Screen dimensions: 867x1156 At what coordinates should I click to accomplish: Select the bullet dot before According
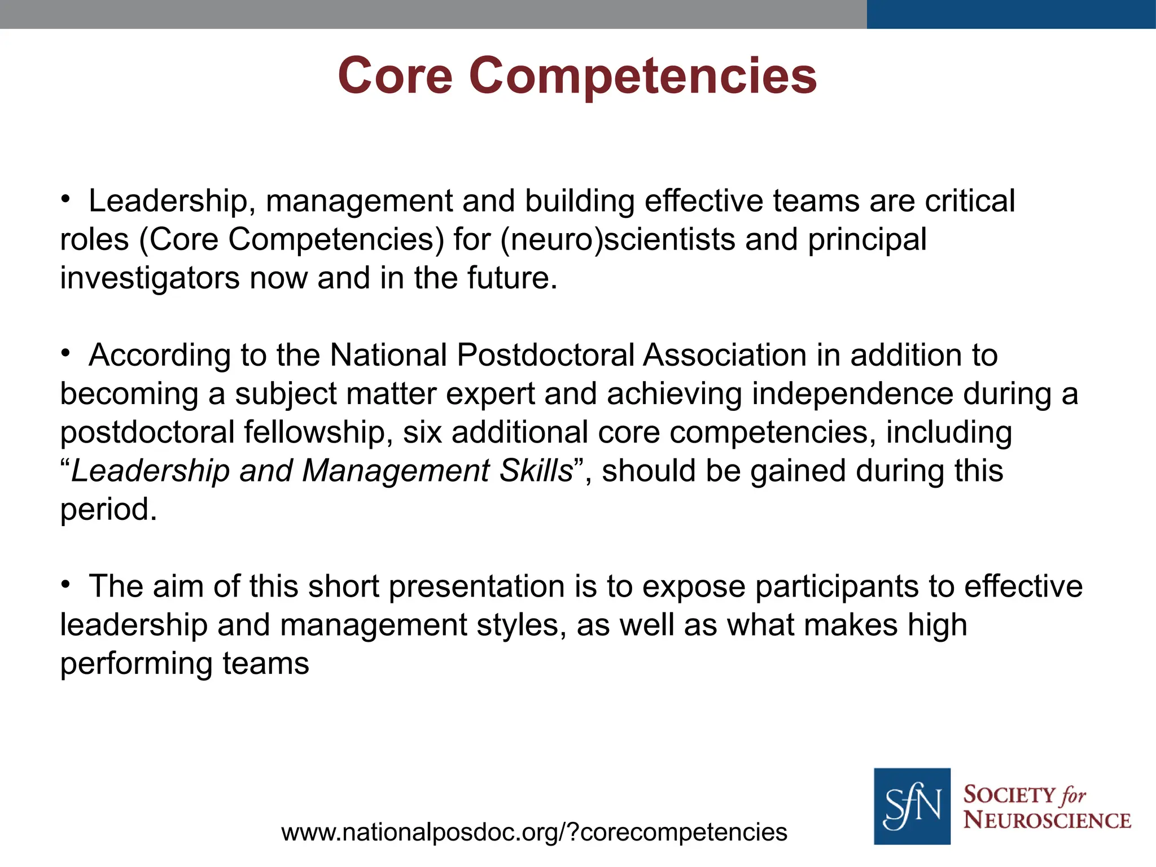(65, 353)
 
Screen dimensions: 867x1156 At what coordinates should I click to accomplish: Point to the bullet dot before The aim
(65, 584)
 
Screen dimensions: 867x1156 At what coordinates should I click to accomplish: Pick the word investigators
(150, 278)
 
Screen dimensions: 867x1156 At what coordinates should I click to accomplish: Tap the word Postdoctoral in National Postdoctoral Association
(545, 356)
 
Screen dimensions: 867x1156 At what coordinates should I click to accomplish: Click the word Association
(724, 356)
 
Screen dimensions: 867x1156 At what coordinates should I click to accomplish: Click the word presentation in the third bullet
(476, 586)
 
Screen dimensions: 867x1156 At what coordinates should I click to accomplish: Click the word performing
(136, 664)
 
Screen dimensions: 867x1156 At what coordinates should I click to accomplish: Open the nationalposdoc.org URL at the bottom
(534, 832)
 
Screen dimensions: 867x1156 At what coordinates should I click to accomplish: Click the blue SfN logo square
(912, 806)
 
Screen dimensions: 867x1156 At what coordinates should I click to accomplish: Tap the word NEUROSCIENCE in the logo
(1046, 820)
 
